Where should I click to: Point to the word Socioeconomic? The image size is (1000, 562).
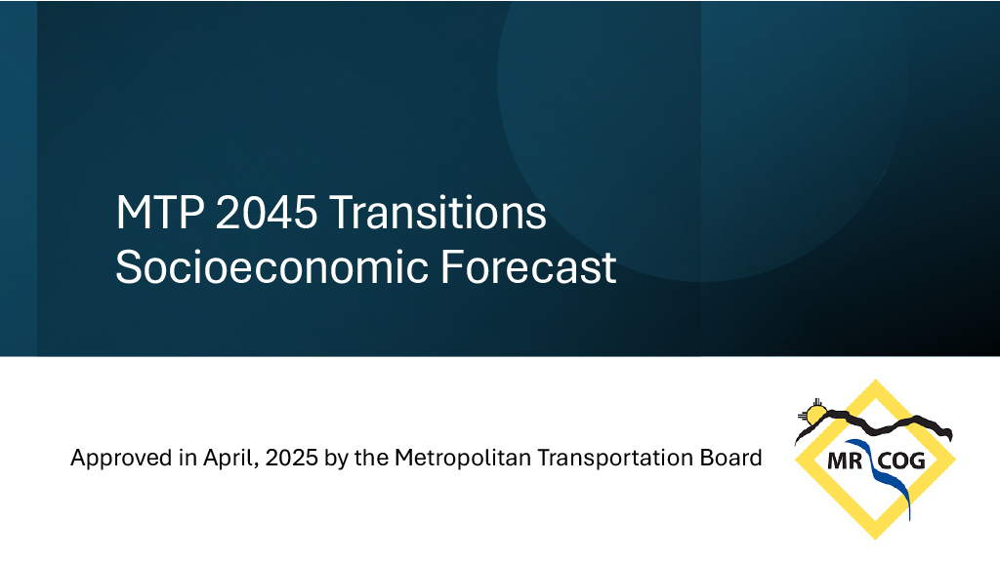270,266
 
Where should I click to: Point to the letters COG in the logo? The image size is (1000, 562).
902,460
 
